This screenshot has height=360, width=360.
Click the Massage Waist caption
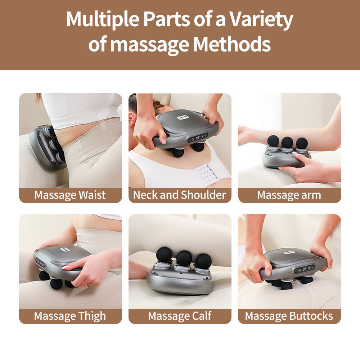click(x=70, y=195)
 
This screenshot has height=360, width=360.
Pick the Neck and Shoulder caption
click(x=180, y=195)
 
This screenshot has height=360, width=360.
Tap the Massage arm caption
click(x=289, y=195)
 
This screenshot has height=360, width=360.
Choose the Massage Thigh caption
click(x=70, y=316)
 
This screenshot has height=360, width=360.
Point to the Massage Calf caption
click(x=180, y=316)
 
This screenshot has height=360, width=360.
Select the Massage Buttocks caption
click(x=289, y=316)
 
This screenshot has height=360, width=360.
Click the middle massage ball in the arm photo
click(x=287, y=142)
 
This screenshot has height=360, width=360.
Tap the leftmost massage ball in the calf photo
click(x=164, y=255)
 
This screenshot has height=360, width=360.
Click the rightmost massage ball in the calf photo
click(x=204, y=261)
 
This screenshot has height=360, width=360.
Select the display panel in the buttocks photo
click(x=304, y=269)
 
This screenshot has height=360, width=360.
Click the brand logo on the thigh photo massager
click(x=66, y=248)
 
